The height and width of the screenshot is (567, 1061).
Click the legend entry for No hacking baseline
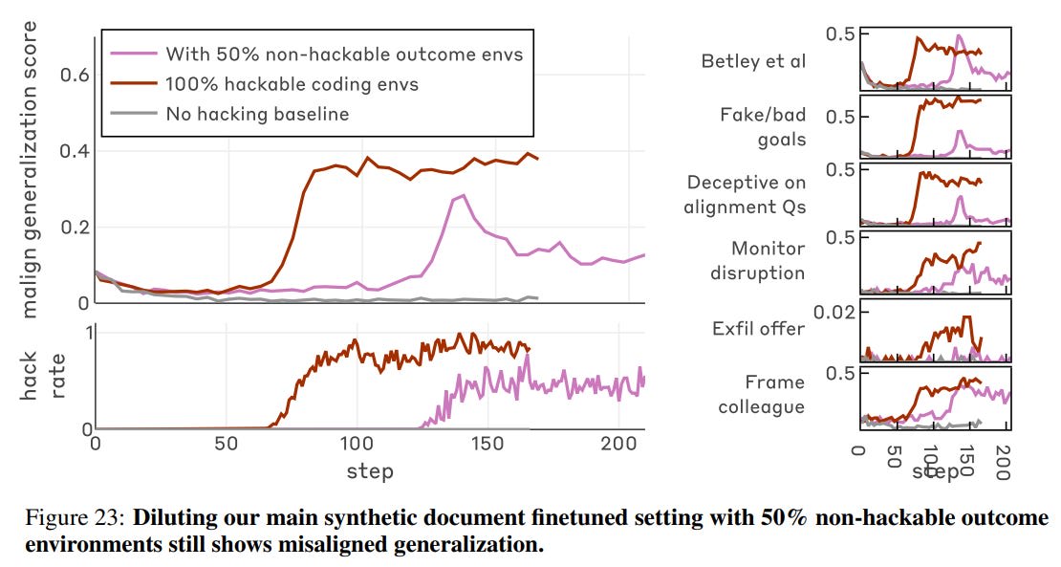[257, 115]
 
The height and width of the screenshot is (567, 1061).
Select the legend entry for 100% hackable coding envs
[292, 84]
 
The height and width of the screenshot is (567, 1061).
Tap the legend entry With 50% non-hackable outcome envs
[344, 54]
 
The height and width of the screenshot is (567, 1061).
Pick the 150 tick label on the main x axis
[487, 445]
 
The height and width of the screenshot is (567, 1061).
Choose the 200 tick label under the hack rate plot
[618, 445]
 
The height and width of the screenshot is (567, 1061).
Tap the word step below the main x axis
[370, 470]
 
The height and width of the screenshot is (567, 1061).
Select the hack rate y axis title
[41, 375]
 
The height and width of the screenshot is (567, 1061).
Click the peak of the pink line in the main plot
[464, 195]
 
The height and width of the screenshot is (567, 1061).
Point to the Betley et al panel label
[753, 62]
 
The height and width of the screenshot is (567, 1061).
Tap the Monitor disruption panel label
[758, 260]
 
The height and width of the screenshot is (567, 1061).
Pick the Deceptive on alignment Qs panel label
[746, 194]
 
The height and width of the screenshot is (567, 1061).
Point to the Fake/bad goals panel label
[763, 126]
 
